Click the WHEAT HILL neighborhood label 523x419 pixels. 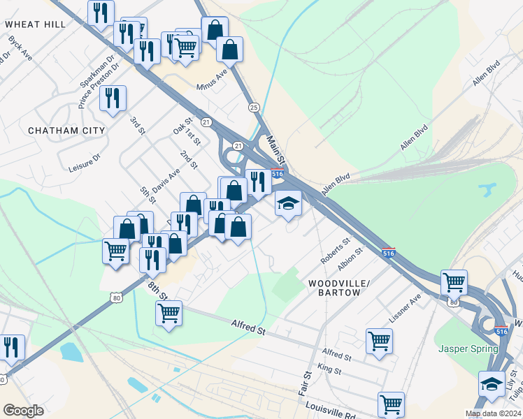[x=35, y=24]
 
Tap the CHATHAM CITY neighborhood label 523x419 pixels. [x=66, y=131]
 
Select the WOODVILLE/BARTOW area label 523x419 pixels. [x=334, y=288]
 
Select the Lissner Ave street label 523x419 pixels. [x=406, y=307]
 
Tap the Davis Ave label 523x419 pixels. [x=166, y=179]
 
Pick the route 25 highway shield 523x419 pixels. [x=254, y=107]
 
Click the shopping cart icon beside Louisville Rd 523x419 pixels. [x=391, y=404]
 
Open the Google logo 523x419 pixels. [x=23, y=411]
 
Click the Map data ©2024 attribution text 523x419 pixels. [x=494, y=413]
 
